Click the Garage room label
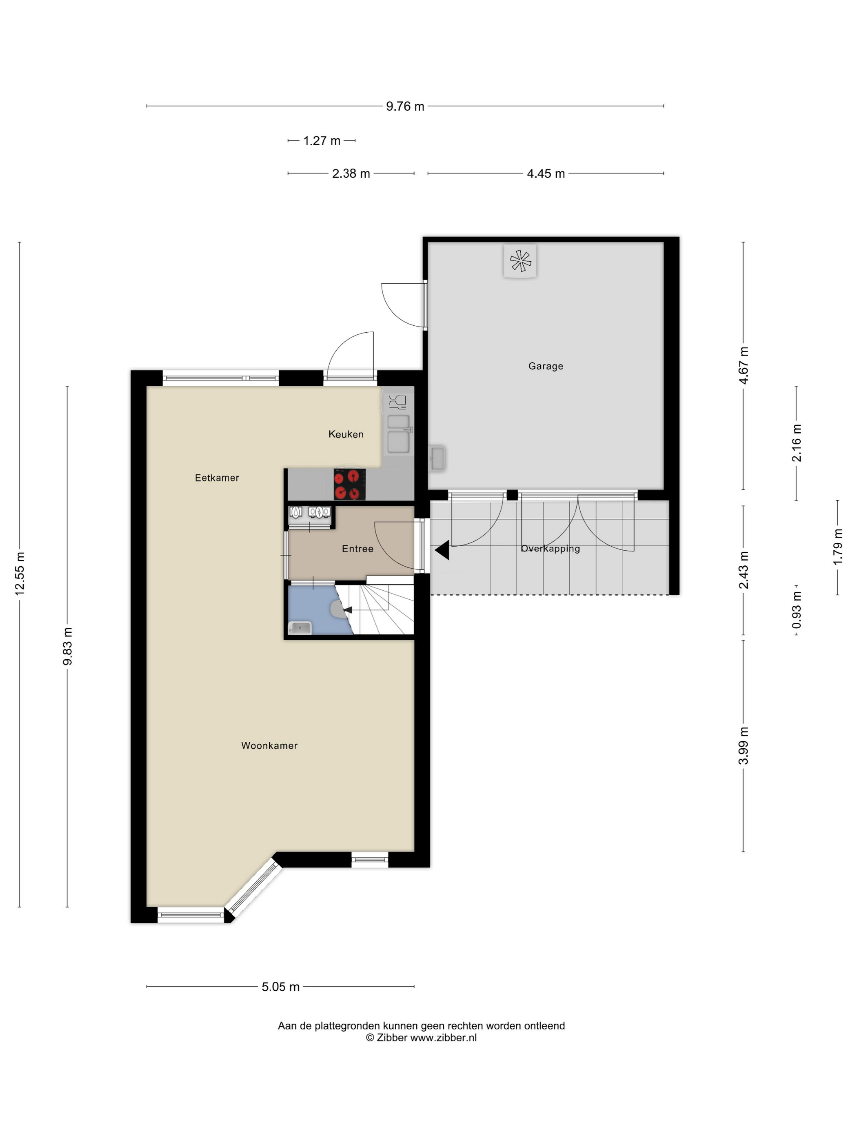click(546, 366)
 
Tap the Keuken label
click(346, 434)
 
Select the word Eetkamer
click(217, 478)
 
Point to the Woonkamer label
click(269, 746)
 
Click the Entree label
click(357, 549)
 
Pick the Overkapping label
click(550, 549)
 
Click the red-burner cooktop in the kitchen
click(350, 484)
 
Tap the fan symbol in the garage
click(520, 261)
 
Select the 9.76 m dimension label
click(405, 107)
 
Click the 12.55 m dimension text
click(20, 574)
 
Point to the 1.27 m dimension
click(321, 140)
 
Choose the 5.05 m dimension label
click(280, 987)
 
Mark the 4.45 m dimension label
click(546, 173)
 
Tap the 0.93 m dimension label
click(797, 610)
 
